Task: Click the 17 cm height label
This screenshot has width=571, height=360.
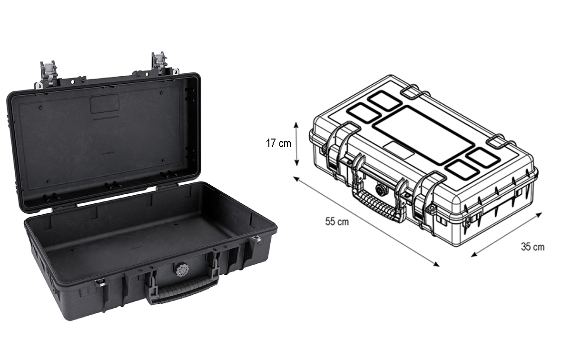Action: point(278,143)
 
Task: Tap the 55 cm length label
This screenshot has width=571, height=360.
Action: point(337,222)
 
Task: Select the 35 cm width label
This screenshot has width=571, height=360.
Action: point(532,247)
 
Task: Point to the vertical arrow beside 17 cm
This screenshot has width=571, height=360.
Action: point(297,143)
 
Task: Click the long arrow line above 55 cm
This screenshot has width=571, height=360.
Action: point(366,221)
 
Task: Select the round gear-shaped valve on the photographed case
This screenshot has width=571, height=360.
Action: point(182,270)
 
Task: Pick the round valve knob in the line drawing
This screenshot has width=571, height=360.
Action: point(381,190)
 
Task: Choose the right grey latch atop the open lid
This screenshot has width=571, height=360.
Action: point(159,63)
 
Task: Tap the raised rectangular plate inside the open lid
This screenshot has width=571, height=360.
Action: point(105,103)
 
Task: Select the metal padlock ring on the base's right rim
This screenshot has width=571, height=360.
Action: point(256,238)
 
